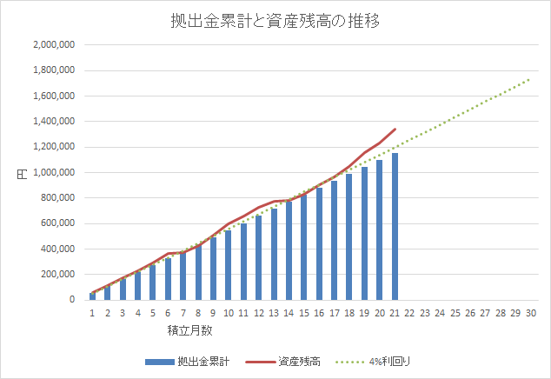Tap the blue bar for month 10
[228, 265]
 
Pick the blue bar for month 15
[303, 248]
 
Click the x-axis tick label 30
[530, 313]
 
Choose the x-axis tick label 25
[455, 313]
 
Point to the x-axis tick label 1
[92, 313]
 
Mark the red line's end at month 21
[395, 129]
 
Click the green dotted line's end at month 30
[530, 78]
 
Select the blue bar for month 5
[152, 283]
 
